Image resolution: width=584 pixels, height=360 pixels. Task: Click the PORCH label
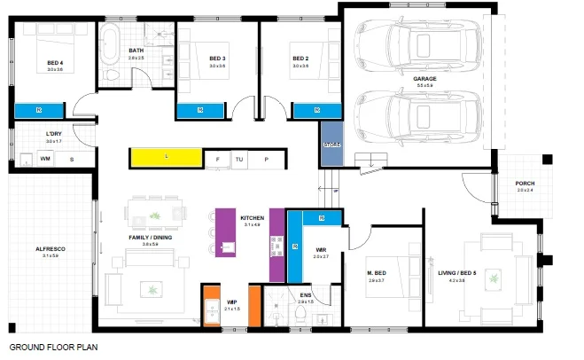[526, 184]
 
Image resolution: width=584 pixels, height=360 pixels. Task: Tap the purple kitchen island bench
[225, 232]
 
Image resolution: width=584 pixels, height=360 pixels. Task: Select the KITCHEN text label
[252, 217]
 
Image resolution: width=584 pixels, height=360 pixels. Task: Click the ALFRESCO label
[51, 249]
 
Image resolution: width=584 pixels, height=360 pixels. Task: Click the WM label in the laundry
[44, 159]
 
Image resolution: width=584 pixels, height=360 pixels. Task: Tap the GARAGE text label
[424, 79]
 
